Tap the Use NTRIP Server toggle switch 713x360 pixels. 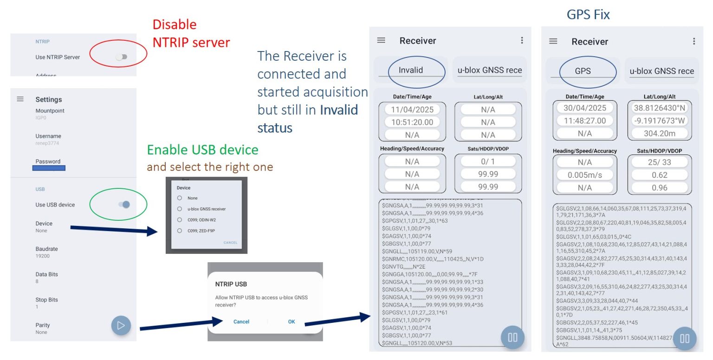pos(122,57)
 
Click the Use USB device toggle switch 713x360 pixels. pos(124,205)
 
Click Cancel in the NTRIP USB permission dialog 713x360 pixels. pos(241,321)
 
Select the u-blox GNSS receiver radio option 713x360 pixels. pos(180,209)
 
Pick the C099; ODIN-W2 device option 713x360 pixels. pos(180,220)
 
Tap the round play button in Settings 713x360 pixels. pos(121,325)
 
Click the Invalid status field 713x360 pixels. pos(411,71)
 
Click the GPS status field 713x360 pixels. pos(583,71)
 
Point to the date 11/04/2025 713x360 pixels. pos(412,109)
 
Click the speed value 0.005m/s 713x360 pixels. pos(584,175)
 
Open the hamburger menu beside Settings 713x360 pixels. pos(20,99)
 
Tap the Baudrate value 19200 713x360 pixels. pos(43,256)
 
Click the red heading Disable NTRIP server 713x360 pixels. pos(191,33)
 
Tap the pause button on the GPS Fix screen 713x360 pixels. pos(684,338)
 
